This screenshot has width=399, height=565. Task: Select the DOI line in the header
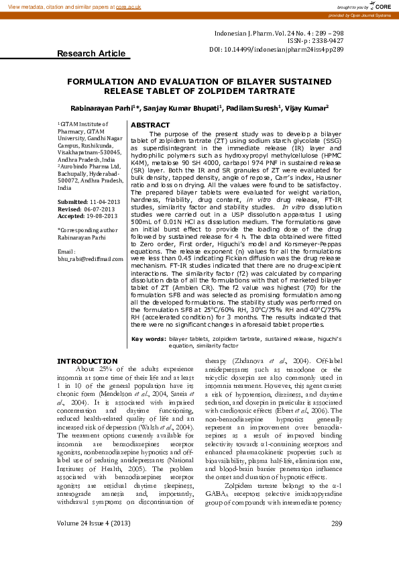(x=277, y=50)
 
